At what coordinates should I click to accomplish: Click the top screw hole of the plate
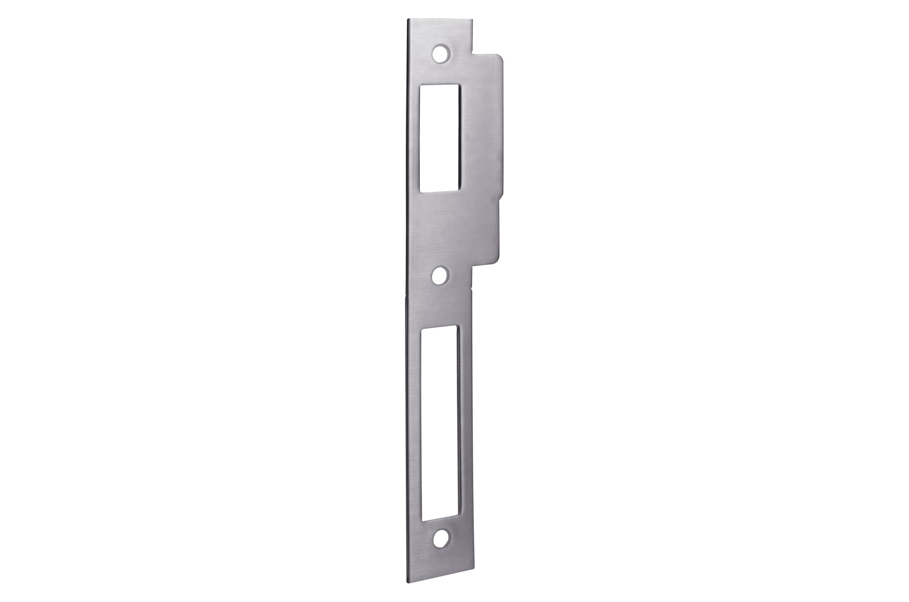click(x=440, y=53)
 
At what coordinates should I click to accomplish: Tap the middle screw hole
click(x=440, y=275)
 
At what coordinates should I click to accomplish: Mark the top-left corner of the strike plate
click(x=408, y=19)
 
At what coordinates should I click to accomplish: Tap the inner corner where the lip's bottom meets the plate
click(x=472, y=268)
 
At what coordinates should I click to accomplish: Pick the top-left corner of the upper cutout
click(x=421, y=85)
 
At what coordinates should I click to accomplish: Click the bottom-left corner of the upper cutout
click(x=421, y=193)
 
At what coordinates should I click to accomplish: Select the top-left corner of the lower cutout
click(x=422, y=326)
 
